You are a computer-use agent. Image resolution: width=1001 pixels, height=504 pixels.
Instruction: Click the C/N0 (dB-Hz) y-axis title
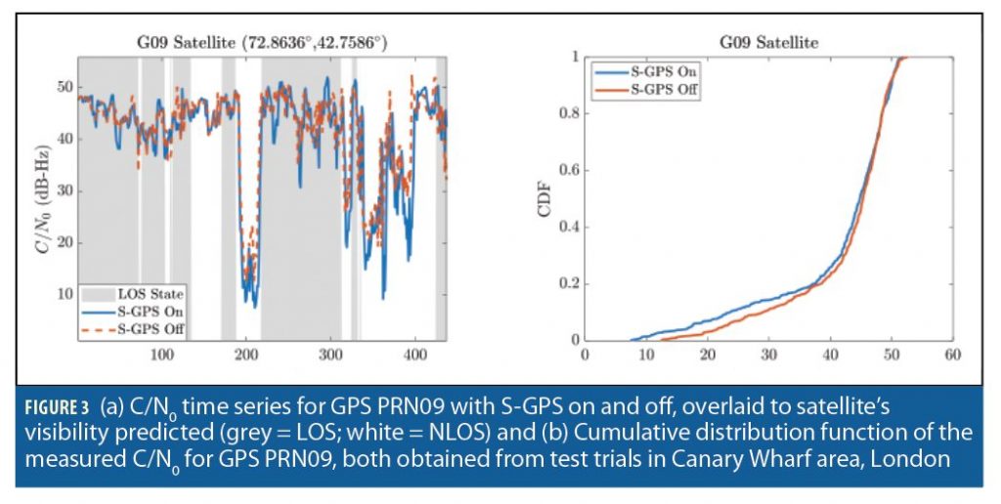coord(40,196)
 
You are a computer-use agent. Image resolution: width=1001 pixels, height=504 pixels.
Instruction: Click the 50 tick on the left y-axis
coord(65,86)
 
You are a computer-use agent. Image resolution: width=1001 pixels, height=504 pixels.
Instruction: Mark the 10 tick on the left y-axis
coord(65,294)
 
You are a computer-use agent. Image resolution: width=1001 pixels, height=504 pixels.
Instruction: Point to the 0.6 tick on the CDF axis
coord(569,170)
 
